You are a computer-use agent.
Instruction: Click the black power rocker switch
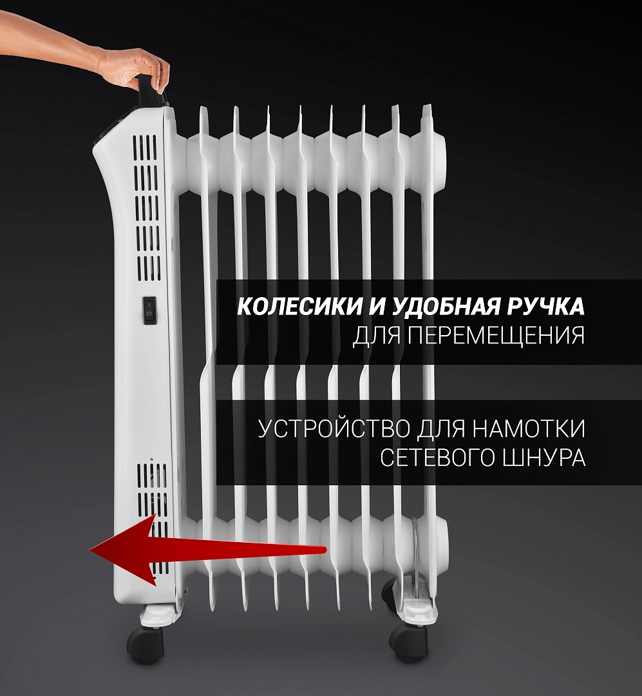pos(150,310)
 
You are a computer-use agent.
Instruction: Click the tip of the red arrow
pos(91,550)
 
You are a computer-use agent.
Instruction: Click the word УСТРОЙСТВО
pos(335,429)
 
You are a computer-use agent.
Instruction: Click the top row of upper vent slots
pos(145,148)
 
